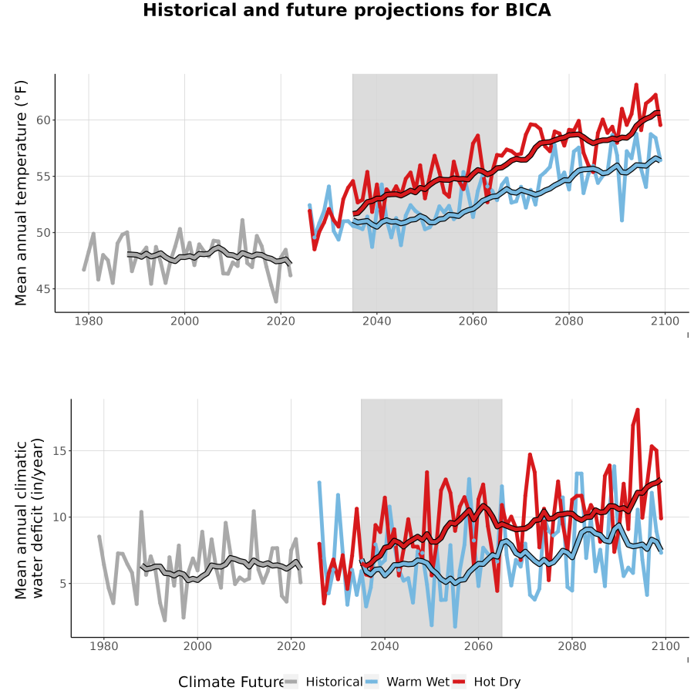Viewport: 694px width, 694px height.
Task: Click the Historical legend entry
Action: [x=323, y=682]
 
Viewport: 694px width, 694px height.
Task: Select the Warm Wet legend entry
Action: [x=407, y=682]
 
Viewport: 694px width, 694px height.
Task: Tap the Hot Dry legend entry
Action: [x=487, y=682]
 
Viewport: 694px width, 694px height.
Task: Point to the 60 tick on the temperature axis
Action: [x=43, y=120]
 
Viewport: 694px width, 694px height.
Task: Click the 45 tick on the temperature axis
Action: [x=43, y=289]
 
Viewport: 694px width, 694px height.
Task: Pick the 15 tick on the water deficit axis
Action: [x=59, y=451]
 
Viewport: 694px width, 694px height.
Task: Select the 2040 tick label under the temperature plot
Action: [x=376, y=321]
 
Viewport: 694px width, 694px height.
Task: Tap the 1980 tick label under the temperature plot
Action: [x=89, y=321]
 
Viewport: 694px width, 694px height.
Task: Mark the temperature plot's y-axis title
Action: [x=21, y=193]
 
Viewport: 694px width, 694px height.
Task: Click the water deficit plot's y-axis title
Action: [x=29, y=518]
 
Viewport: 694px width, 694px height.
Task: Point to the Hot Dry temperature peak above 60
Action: [x=636, y=84]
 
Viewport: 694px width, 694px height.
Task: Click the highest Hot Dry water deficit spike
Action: [x=638, y=410]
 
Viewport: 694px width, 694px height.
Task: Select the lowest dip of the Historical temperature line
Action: [x=276, y=302]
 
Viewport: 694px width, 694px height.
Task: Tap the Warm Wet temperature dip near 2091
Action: [x=622, y=220]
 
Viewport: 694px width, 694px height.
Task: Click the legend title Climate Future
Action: [x=231, y=682]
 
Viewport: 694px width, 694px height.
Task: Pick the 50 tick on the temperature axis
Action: [x=43, y=233]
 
